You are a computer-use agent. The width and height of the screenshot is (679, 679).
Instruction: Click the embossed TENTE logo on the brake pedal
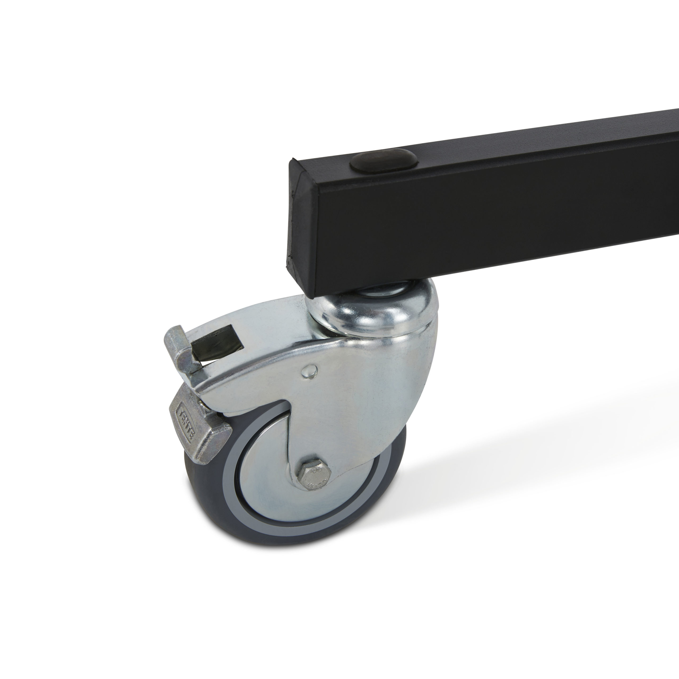click(186, 424)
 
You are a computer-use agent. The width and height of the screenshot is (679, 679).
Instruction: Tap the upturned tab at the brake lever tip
click(176, 343)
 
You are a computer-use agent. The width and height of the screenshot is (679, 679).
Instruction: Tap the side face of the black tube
click(492, 218)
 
